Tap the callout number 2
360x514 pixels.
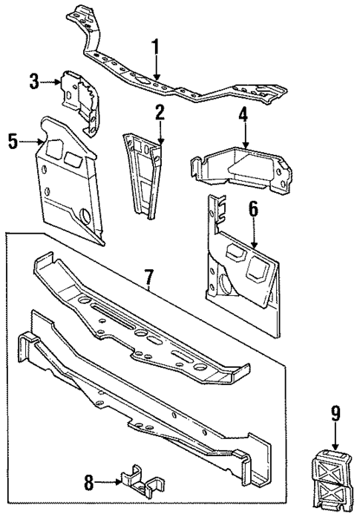click(159, 113)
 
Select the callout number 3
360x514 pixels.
click(34, 81)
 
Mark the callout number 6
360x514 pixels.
click(253, 211)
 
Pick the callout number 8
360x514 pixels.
click(90, 484)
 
